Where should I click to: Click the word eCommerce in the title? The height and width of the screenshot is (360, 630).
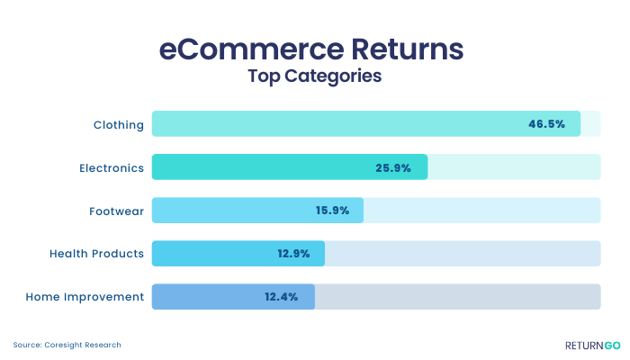tap(251, 49)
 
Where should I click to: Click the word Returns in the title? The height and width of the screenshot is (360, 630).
tap(408, 49)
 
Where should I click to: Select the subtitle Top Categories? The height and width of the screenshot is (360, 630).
tap(315, 76)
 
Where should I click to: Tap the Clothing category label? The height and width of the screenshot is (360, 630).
tap(119, 125)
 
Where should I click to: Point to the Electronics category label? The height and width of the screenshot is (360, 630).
tap(112, 168)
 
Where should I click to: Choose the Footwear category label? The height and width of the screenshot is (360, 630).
tap(116, 211)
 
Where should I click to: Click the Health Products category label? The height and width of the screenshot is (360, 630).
tap(96, 254)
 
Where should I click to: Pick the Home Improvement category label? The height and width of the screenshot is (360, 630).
tap(85, 297)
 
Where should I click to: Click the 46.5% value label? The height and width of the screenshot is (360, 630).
tap(547, 124)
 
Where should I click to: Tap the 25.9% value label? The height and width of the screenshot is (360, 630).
tap(393, 167)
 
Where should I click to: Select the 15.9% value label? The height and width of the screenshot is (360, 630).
tap(332, 210)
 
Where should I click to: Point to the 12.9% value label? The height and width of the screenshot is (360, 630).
tap(293, 254)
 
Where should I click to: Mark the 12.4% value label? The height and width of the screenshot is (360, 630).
tap(281, 297)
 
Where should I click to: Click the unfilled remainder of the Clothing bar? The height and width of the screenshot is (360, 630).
tap(590, 124)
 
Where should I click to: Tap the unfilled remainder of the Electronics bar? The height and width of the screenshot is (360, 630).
tap(514, 166)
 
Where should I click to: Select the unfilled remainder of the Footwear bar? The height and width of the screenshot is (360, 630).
tap(482, 210)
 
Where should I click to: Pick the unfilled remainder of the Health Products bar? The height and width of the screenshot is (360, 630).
tap(463, 254)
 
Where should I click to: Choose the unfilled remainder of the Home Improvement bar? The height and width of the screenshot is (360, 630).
tap(458, 297)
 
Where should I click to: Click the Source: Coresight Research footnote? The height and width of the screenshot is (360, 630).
tap(67, 345)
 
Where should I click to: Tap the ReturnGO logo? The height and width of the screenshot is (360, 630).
tap(592, 346)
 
